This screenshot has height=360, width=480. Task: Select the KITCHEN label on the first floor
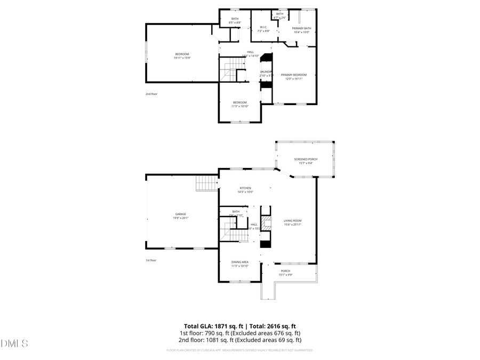tap(245, 188)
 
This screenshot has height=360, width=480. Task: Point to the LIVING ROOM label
tap(293, 221)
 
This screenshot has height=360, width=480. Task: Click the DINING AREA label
tap(240, 262)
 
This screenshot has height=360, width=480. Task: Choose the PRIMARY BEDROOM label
tap(294, 75)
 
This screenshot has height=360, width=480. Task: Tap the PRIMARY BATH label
tap(301, 28)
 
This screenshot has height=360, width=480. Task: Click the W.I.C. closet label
tap(263, 27)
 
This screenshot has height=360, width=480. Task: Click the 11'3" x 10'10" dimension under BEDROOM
tap(240, 106)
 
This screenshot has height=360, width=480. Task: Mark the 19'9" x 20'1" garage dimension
tap(181, 218)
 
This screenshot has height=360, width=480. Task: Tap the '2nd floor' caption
tap(151, 94)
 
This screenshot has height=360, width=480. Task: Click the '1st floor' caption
tap(151, 260)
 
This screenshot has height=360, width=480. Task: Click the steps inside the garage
tap(206, 184)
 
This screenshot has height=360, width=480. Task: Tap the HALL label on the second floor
tap(250, 52)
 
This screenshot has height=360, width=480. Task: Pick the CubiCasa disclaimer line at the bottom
tap(239, 350)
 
